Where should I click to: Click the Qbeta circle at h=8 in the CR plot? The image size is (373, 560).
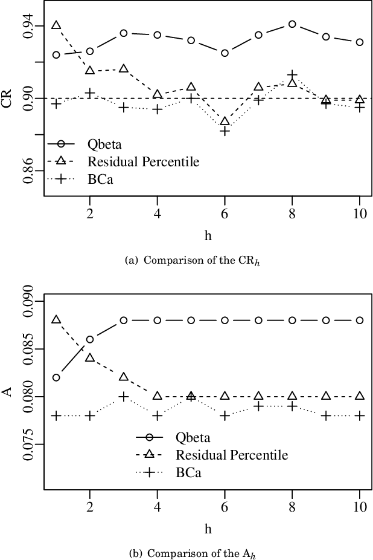(x=292, y=24)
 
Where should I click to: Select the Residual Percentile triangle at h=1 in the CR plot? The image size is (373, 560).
(x=56, y=25)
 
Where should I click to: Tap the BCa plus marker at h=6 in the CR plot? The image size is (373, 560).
(x=225, y=131)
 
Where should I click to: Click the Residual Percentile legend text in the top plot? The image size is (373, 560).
(x=143, y=161)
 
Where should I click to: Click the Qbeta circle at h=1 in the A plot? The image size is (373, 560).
(x=56, y=377)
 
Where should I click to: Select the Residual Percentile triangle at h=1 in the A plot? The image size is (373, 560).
(x=56, y=319)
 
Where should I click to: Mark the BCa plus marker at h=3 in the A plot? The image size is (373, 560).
(x=124, y=397)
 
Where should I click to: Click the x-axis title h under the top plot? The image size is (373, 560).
(x=208, y=236)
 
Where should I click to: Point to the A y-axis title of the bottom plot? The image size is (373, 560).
(x=7, y=392)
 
